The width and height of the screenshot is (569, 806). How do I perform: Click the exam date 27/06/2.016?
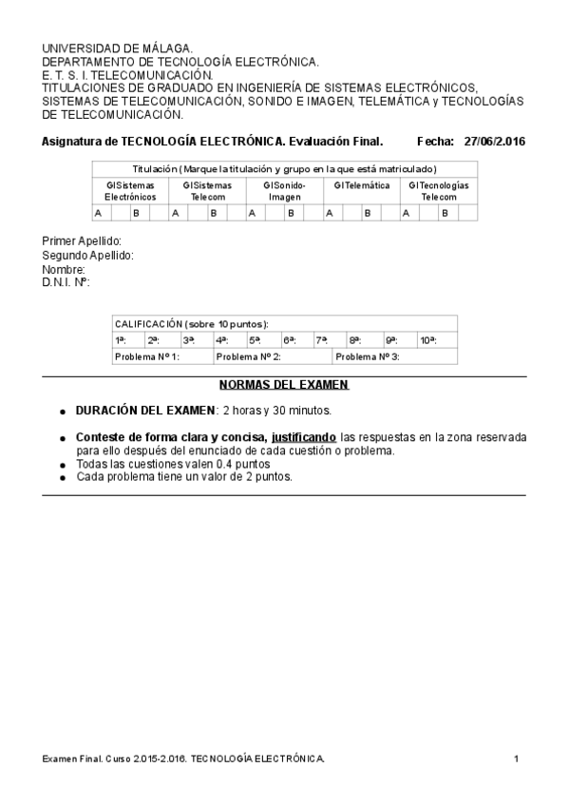pos(495,142)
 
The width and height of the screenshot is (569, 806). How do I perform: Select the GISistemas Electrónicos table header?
pos(130,190)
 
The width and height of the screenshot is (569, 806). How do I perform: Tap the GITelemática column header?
pos(361,185)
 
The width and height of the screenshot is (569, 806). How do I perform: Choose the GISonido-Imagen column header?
pos(284,190)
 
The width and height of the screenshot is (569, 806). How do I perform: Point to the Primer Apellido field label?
pos(82,241)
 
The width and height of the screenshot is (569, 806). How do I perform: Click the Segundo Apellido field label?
pos(87,256)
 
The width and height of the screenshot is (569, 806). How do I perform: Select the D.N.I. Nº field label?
pos(66,282)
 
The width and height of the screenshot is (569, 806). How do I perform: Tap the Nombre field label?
pos(64,269)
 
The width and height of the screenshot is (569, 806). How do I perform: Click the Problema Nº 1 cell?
pos(147,356)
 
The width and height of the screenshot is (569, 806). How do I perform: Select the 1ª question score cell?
pos(121,339)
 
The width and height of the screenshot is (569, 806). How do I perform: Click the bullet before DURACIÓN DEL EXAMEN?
pos(63,412)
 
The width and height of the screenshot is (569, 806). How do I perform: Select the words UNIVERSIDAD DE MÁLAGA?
pos(117,48)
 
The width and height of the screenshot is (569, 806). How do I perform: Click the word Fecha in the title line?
pos(435,142)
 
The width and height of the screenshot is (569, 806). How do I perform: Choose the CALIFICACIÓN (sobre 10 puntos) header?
pos(191,323)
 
